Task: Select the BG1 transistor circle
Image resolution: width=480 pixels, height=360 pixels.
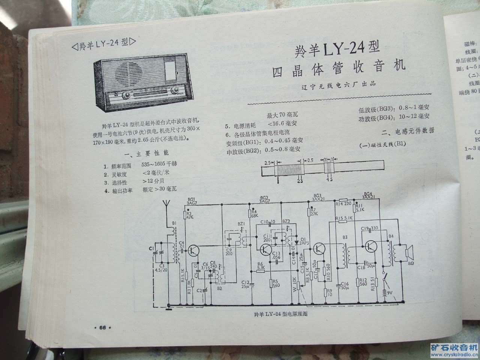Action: pos(194,250)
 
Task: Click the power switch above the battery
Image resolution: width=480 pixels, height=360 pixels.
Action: pos(384,278)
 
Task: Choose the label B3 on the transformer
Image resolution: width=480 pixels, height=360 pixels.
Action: pos(345,237)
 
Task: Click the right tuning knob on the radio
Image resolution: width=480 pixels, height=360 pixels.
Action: pos(175,91)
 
